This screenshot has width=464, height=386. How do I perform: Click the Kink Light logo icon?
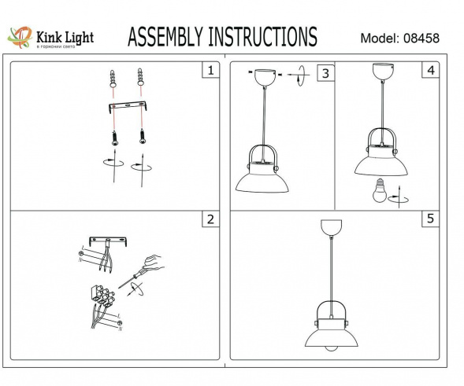point(19,36)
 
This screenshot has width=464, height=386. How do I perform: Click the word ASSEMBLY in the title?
point(164,36)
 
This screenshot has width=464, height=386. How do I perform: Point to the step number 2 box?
point(209,219)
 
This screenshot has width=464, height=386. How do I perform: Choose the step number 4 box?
point(429,71)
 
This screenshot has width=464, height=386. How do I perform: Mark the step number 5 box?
point(429,219)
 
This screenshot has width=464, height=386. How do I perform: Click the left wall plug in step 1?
point(113,79)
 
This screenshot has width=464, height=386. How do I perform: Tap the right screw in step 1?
point(143,135)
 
